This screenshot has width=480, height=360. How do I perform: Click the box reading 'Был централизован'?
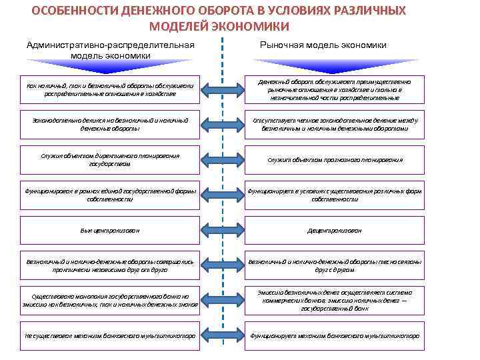tap(110, 230)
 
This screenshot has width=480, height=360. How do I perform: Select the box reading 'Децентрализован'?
tap(335, 230)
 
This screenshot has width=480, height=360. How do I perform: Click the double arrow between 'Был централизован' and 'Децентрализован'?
tap(222, 231)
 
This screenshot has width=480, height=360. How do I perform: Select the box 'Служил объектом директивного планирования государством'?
tap(110, 159)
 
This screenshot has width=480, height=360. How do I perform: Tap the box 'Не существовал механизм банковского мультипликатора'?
tap(110, 336)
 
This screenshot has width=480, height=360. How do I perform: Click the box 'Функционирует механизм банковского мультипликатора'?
tap(335, 336)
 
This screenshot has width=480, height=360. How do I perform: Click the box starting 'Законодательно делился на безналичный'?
tap(110, 124)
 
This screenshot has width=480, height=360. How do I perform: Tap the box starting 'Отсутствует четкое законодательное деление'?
tap(335, 124)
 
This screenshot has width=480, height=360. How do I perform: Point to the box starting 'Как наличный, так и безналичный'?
tap(110, 89)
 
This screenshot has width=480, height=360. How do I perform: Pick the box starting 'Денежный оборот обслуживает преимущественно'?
tap(335, 89)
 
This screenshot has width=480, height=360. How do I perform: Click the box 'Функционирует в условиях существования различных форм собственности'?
tap(335, 195)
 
